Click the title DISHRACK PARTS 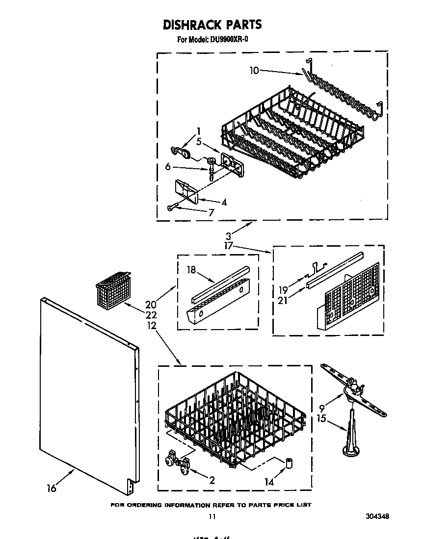212,25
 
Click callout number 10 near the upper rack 254,71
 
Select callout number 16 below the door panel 52,488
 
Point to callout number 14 269,482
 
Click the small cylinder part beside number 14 290,462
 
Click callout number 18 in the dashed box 191,269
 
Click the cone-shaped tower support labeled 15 351,432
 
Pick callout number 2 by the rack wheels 212,480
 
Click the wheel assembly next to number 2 178,462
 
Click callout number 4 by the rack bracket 210,201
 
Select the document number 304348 377,516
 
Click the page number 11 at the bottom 212,516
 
